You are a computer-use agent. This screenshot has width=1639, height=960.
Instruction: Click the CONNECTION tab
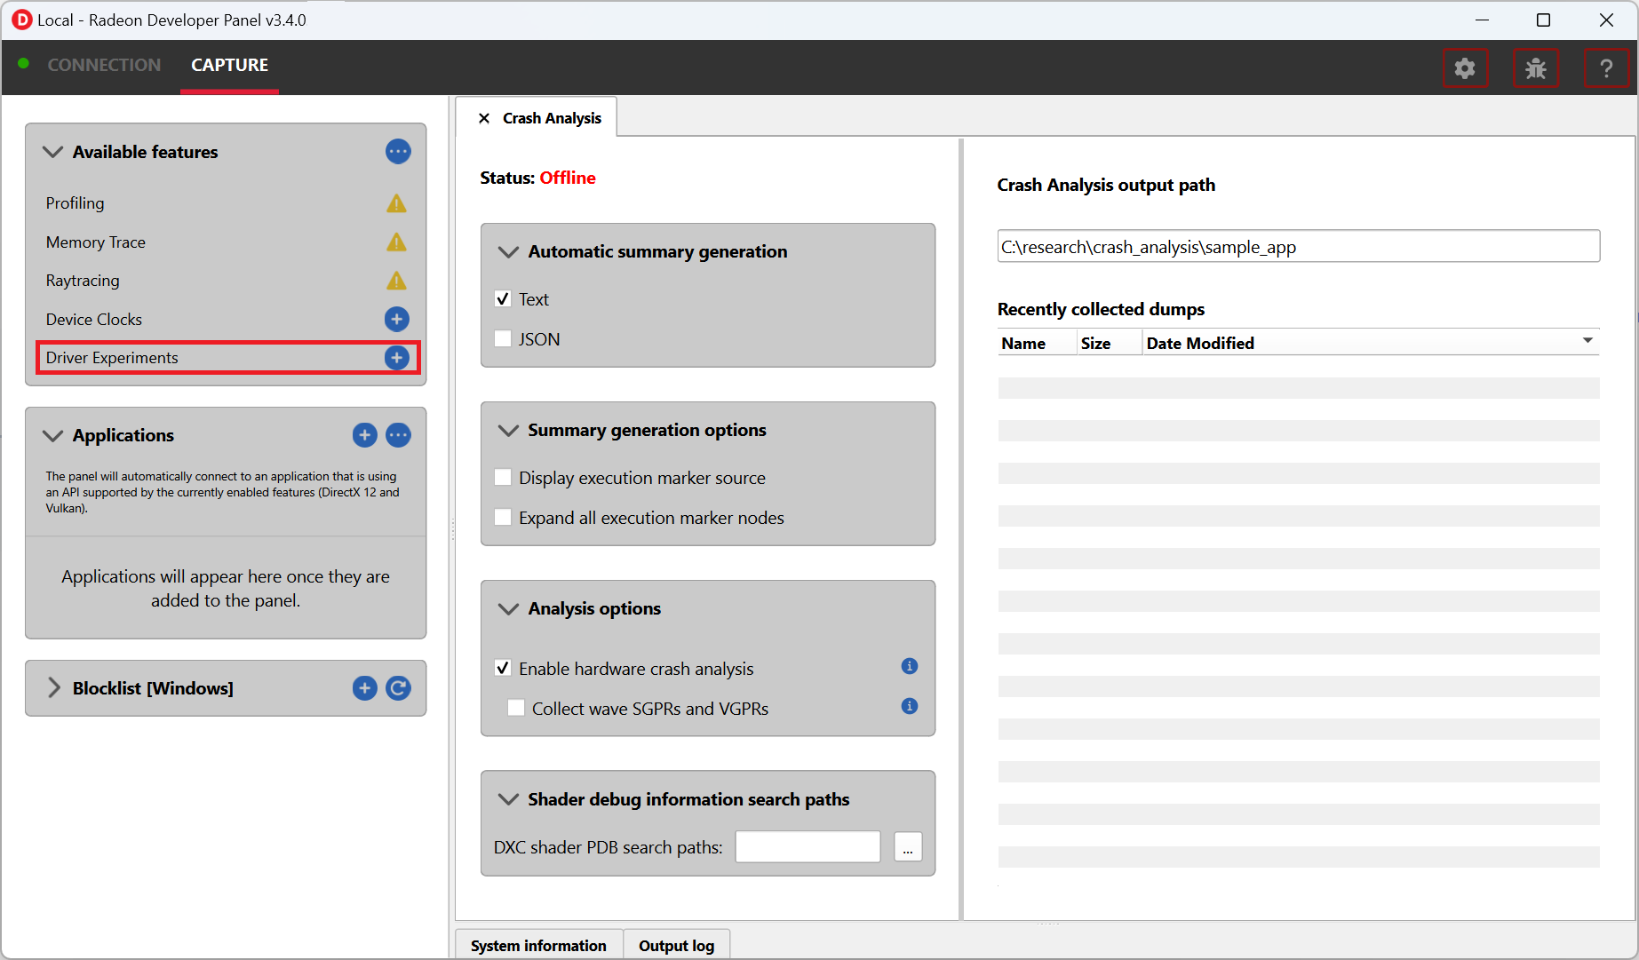pos(104,65)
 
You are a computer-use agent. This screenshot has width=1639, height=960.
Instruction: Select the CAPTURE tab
pos(229,65)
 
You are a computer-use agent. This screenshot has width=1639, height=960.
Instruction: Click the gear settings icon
pos(1465,68)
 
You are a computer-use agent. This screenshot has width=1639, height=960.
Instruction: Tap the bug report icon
pos(1536,68)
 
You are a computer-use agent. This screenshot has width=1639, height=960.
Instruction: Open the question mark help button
pos(1606,68)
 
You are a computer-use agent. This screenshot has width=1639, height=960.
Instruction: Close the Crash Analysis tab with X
pos(484,118)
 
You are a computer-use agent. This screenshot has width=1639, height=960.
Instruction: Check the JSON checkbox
pos(503,338)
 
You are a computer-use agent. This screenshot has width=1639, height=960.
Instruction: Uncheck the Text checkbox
pos(503,298)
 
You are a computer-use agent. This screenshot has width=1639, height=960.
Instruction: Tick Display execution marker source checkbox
pos(503,477)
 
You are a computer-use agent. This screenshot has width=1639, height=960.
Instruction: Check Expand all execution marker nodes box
pos(503,517)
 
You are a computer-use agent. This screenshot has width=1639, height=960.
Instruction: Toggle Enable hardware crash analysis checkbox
pos(503,668)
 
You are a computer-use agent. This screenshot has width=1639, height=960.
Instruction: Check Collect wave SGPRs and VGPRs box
pos(516,708)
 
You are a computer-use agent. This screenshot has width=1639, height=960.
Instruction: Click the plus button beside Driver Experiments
pos(397,357)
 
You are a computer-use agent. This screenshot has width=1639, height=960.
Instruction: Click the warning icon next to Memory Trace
pos(396,242)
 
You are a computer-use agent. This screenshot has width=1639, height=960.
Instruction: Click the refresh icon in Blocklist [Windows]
pos(398,687)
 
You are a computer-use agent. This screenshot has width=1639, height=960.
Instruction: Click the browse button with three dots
pos(908,847)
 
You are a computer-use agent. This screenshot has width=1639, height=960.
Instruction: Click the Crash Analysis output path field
pos(1298,246)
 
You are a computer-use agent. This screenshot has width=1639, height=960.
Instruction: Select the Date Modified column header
pos(1199,343)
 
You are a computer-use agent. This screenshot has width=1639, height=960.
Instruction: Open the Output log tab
pos(676,945)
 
